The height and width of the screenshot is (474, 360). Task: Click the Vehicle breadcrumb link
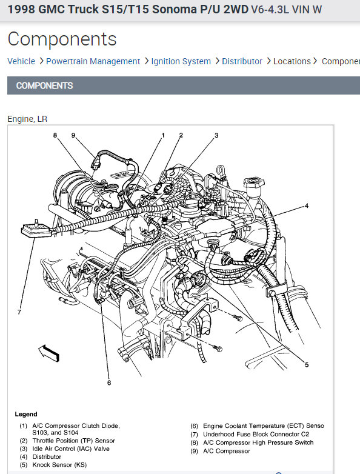pyautogui.click(x=21, y=61)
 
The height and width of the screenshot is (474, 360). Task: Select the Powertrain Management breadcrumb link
pyautogui.click(x=93, y=61)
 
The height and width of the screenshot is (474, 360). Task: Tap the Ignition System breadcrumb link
pyautogui.click(x=181, y=61)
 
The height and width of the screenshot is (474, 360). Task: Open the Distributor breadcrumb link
pyautogui.click(x=242, y=61)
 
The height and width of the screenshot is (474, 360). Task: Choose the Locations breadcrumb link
pyautogui.click(x=292, y=61)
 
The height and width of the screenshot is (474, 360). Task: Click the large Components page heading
pyautogui.click(x=62, y=39)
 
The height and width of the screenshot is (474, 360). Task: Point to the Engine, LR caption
pyautogui.click(x=27, y=119)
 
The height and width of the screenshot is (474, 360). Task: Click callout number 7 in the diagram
pyautogui.click(x=19, y=312)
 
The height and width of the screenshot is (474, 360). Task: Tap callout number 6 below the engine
pyautogui.click(x=109, y=382)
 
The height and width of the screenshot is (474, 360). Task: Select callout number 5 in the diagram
pyautogui.click(x=307, y=365)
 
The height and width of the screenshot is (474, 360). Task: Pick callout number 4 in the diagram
pyautogui.click(x=307, y=206)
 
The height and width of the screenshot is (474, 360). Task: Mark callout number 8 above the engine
pyautogui.click(x=55, y=135)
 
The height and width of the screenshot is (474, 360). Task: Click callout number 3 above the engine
pyautogui.click(x=216, y=135)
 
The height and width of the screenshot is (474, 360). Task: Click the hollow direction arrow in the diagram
pyautogui.click(x=49, y=353)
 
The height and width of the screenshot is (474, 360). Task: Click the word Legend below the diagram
pyautogui.click(x=26, y=414)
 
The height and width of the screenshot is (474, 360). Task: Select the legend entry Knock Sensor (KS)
pyautogui.click(x=59, y=465)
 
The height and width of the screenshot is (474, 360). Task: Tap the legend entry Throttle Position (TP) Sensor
pyautogui.click(x=74, y=441)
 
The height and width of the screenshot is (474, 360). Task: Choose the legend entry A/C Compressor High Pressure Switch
pyautogui.click(x=258, y=442)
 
